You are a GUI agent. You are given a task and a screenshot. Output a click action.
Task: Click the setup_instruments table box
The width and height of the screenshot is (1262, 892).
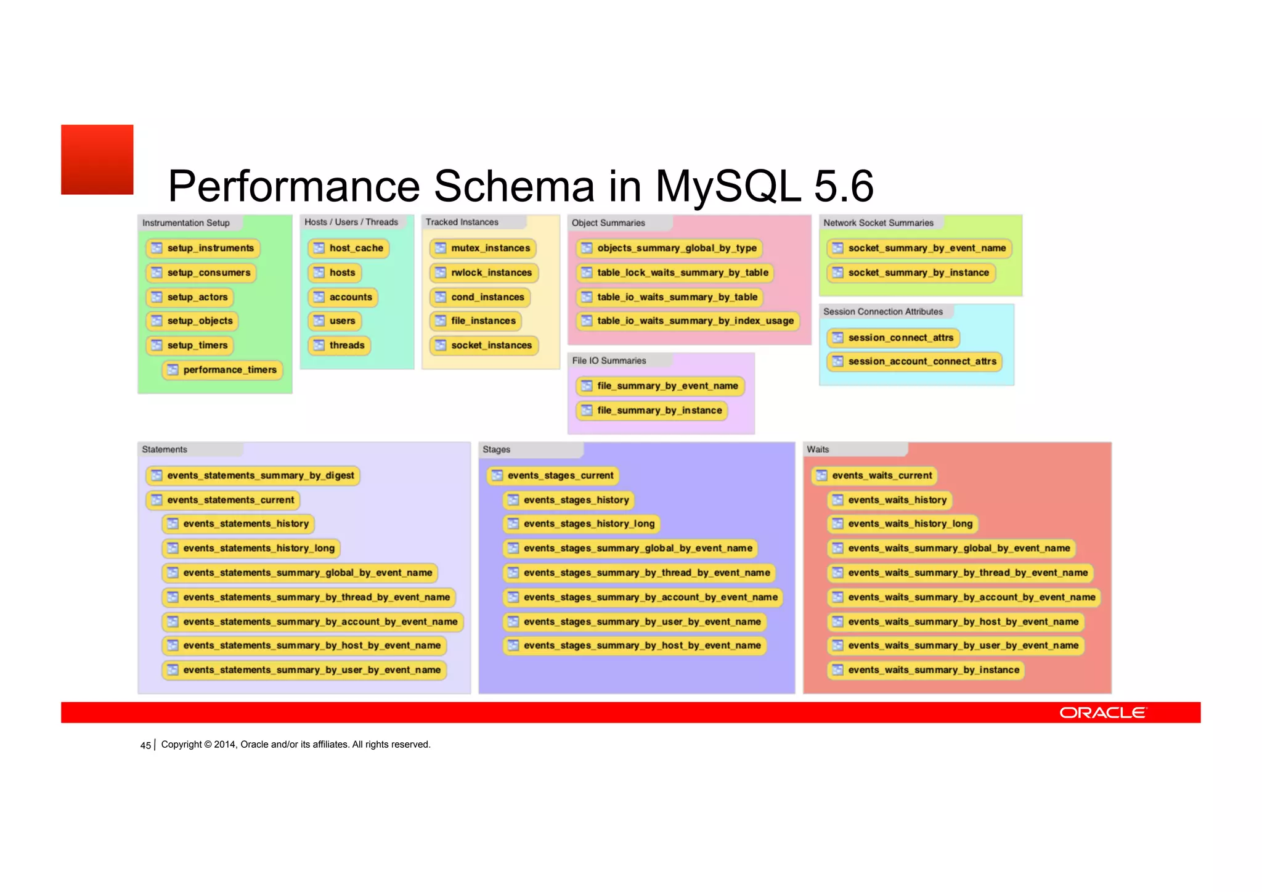coord(203,248)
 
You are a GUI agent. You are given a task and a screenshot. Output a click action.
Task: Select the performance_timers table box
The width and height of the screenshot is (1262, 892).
coord(222,370)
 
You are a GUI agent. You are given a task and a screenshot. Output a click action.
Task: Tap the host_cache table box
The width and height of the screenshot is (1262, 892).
coord(349,248)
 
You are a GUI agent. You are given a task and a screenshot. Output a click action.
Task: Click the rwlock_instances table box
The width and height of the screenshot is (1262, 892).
coord(484,272)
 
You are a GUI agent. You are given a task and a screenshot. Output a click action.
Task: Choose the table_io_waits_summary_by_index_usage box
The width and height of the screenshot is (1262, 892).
coord(688,321)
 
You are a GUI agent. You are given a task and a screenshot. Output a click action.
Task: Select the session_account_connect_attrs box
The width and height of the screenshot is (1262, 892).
coord(914,362)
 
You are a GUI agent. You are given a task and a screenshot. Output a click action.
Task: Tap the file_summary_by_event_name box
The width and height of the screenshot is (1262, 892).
coord(660,386)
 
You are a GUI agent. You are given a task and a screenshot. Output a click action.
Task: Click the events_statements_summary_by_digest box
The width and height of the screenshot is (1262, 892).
coord(253,475)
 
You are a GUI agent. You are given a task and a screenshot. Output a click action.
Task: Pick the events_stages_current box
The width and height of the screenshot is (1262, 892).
coord(553,475)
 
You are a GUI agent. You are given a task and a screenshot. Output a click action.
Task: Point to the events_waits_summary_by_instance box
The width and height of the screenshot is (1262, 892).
coord(926,670)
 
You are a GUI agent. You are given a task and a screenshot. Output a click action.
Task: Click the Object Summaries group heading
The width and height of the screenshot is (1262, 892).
coord(608,223)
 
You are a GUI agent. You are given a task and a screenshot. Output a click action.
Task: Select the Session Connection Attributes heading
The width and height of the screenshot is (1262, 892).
coord(882,312)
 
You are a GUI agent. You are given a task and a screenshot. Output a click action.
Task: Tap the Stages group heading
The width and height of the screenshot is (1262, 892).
coord(497,449)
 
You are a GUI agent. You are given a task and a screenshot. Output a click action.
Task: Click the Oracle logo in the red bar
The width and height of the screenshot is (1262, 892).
coord(1102,713)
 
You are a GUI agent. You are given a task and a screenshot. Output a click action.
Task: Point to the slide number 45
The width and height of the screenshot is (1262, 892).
coord(145,745)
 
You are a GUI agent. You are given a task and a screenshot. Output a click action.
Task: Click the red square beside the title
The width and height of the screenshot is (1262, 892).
coord(97,160)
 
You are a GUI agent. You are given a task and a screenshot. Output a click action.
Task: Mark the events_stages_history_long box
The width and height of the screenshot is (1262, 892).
coord(582,524)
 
